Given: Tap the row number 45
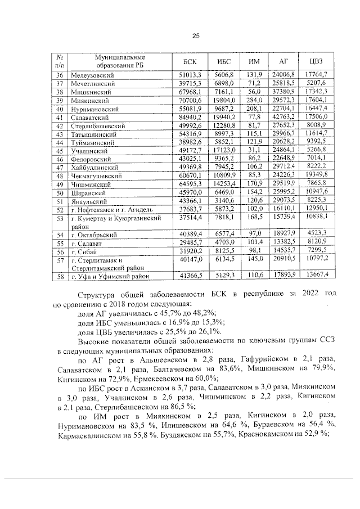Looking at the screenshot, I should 60,151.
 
